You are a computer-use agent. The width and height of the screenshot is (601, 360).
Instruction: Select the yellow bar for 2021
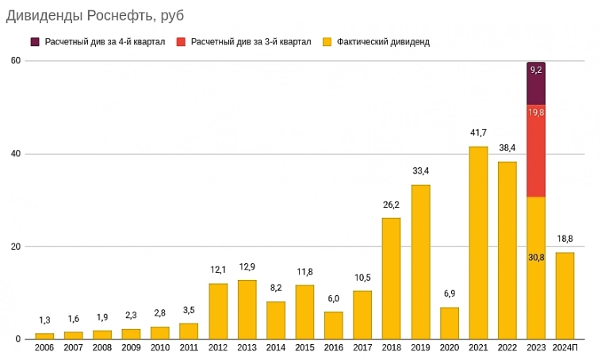(478, 243)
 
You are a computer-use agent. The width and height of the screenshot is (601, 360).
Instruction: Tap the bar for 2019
(420, 262)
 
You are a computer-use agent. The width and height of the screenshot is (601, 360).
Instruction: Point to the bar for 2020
(450, 323)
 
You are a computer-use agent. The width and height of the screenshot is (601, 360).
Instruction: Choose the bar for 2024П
(565, 295)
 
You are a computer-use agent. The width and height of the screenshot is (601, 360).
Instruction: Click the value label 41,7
(478, 132)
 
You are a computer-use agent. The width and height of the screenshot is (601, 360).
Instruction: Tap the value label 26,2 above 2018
(392, 204)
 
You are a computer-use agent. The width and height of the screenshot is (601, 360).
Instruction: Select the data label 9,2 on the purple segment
(536, 70)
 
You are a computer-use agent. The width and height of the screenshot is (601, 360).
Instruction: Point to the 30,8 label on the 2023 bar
(536, 257)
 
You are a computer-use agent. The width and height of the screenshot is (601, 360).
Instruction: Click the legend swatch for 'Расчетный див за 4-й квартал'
(35, 41)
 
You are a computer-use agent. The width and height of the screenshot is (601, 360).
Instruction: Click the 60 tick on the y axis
(15, 61)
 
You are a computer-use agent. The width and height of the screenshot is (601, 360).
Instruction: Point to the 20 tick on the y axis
(15, 247)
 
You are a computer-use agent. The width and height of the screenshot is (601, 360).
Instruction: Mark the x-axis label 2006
(44, 347)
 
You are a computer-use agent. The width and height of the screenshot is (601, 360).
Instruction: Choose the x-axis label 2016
(334, 347)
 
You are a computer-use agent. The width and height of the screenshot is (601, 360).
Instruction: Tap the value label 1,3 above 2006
(44, 320)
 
